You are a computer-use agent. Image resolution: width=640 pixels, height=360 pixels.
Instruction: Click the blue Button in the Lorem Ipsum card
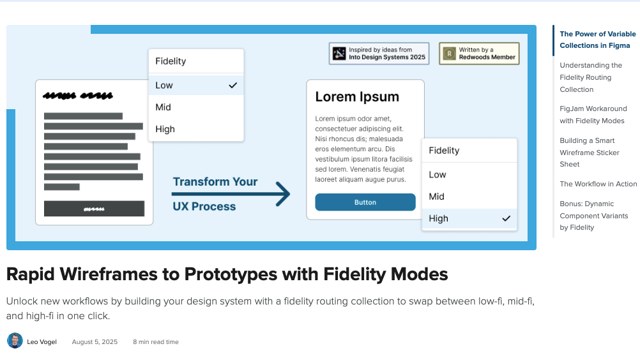point(365,202)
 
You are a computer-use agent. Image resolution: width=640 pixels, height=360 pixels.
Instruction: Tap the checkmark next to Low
point(233,85)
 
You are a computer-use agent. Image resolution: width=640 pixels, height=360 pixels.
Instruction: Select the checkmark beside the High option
point(507,218)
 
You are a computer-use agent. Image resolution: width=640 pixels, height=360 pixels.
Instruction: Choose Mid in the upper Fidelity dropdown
point(164,107)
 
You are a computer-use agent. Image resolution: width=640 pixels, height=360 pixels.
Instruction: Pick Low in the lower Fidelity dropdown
point(438,174)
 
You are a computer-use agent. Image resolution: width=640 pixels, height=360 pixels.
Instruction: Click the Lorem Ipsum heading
point(357,97)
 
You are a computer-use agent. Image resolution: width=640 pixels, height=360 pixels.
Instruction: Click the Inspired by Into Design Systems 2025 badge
point(378,54)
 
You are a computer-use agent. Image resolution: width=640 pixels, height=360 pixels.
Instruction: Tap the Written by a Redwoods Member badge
point(479,54)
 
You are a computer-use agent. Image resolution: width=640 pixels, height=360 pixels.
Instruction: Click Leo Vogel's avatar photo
point(15,341)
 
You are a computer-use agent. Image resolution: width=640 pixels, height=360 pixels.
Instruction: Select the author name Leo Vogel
point(42,342)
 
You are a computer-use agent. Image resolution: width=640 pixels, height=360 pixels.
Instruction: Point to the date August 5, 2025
point(95,342)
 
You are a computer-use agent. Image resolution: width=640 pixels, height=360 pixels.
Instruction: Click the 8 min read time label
point(156,342)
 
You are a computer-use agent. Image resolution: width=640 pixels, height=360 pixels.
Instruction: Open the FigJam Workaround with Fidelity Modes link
point(593,115)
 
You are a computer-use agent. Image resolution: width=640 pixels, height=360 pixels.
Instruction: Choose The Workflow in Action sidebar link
point(598,184)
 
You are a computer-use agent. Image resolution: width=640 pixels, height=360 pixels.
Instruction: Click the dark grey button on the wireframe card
point(94,209)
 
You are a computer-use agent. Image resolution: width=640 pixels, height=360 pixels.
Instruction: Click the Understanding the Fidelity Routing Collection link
point(590,77)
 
